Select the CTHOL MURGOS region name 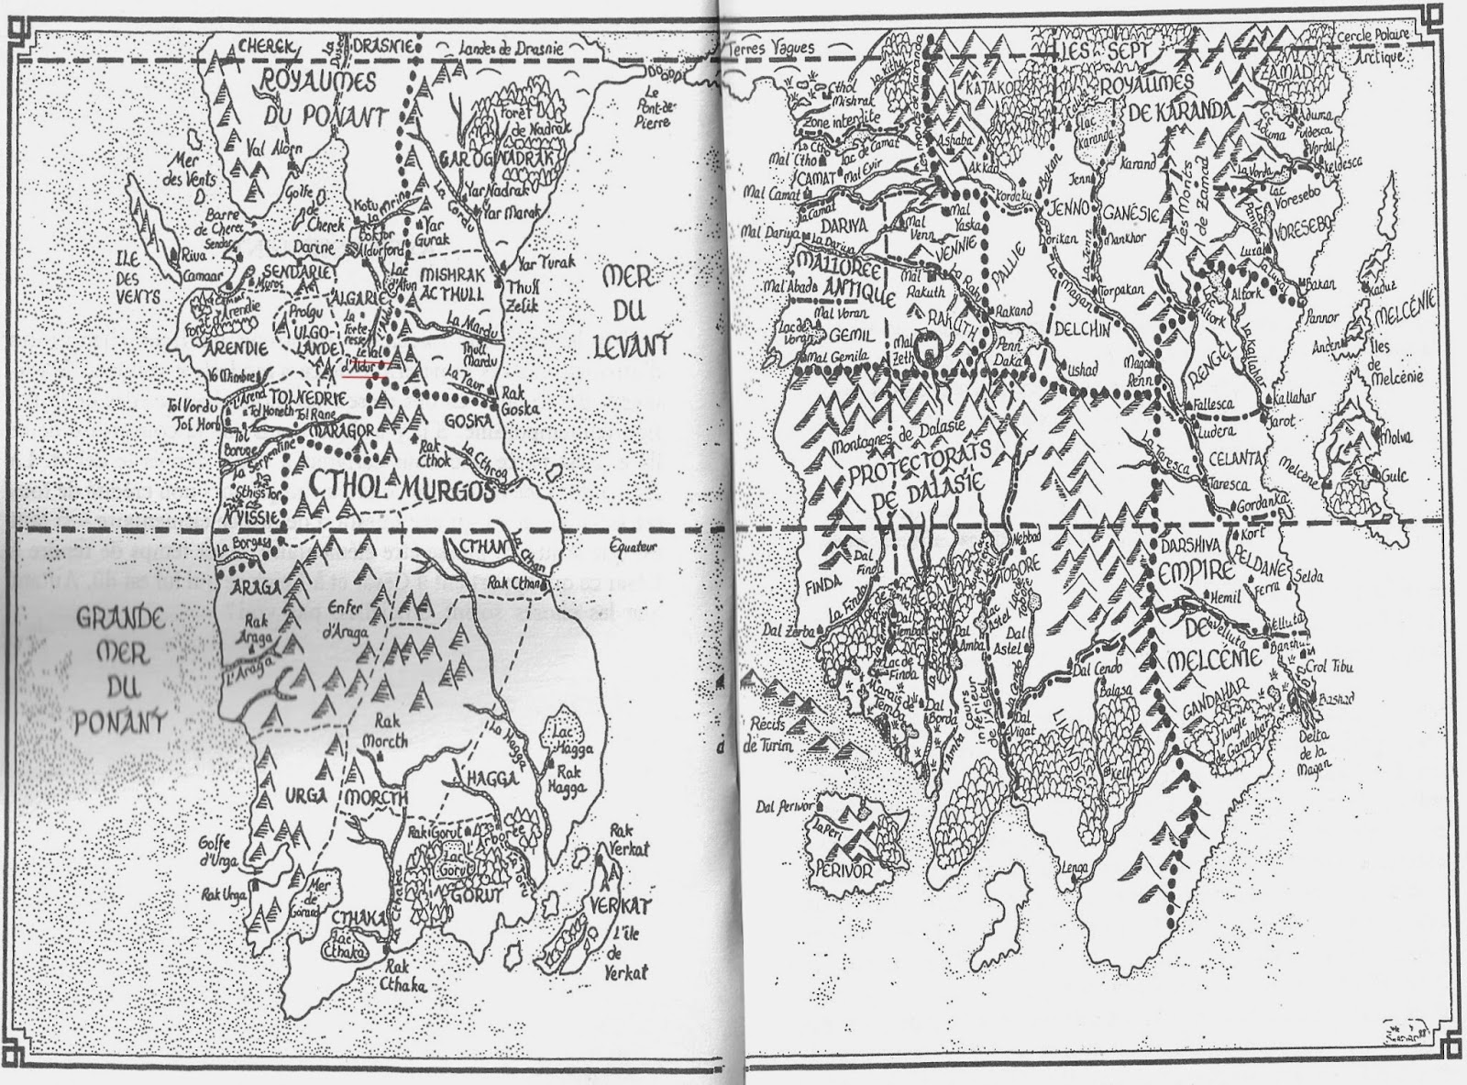pyautogui.click(x=400, y=486)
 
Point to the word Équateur pyautogui.click(x=632, y=548)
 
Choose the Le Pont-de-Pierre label pyautogui.click(x=656, y=106)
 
